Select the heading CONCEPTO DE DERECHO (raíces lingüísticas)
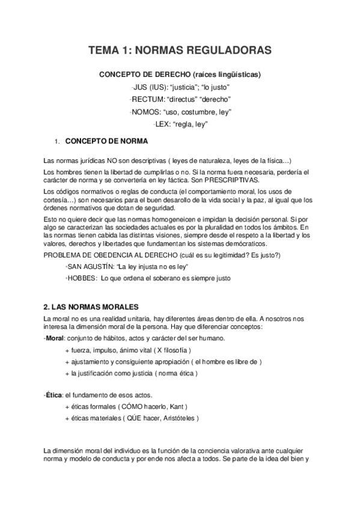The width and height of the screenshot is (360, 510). tap(180, 75)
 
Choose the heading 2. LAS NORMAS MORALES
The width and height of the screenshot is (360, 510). tap(91, 307)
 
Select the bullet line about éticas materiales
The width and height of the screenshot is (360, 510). tap(132, 418)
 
